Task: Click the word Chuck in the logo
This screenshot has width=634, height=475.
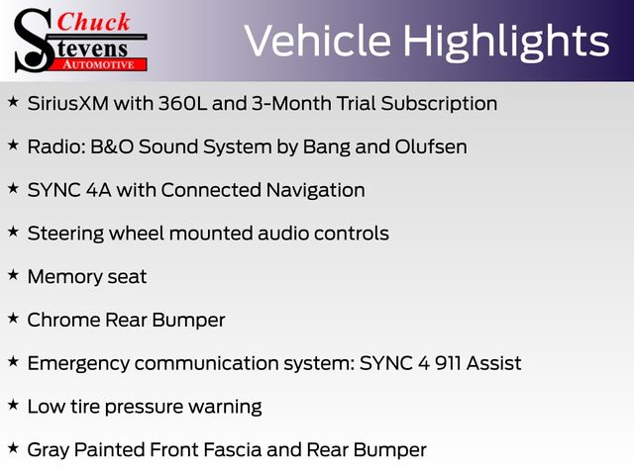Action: click(x=93, y=22)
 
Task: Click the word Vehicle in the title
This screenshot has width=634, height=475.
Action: click(x=318, y=41)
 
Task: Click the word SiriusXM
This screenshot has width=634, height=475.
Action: click(x=68, y=103)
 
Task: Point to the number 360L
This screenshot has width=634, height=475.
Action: click(x=182, y=103)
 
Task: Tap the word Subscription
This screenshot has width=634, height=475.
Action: click(x=439, y=104)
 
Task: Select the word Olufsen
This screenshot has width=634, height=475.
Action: click(x=431, y=146)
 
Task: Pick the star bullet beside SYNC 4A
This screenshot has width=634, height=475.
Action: click(x=13, y=188)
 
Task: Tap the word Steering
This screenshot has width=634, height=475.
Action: click(x=65, y=235)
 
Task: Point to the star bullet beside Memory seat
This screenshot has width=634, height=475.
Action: click(x=13, y=275)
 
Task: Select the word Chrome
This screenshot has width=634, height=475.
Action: click(x=63, y=320)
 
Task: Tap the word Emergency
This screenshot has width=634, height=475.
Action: click(x=78, y=364)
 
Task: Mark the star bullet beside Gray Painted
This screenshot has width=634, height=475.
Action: click(x=13, y=447)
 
